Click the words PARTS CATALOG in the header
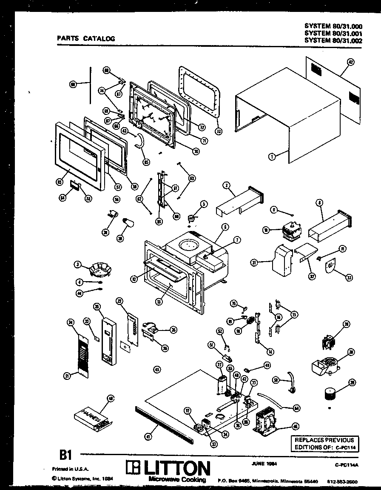point(86,38)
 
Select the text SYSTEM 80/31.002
point(333,40)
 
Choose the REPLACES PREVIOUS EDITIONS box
point(324,444)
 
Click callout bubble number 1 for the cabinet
point(271,157)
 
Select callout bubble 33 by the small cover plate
point(349,278)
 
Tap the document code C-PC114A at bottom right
point(347,465)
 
